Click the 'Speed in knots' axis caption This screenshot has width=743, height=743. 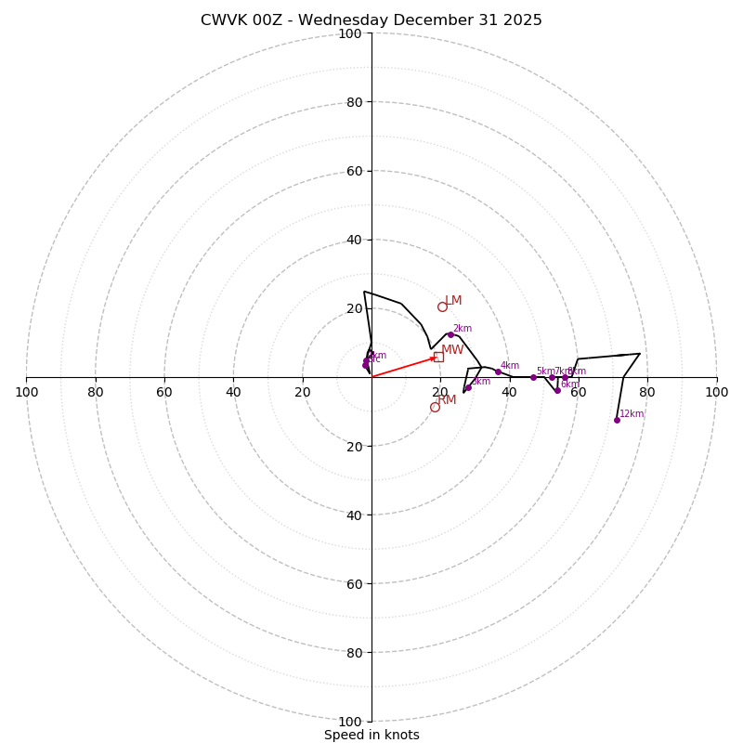click(x=371, y=735)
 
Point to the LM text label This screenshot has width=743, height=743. click(x=453, y=301)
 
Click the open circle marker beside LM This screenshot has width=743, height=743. click(x=442, y=306)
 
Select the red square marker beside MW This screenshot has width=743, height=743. click(x=438, y=357)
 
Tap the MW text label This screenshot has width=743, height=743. click(x=452, y=350)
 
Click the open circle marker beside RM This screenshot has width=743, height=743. click(x=435, y=407)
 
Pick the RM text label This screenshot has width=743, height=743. click(x=447, y=400)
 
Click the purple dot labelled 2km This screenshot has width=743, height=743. click(x=450, y=334)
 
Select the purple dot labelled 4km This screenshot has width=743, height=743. click(x=498, y=371)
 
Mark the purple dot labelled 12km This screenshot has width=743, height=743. click(x=617, y=420)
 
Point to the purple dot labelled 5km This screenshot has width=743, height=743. click(x=533, y=377)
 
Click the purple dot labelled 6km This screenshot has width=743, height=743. click(x=557, y=390)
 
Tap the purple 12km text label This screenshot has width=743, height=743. click(x=632, y=414)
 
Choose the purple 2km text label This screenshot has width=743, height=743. click(x=463, y=329)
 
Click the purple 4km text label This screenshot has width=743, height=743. click(x=510, y=366)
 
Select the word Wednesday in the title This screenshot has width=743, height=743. click(x=344, y=20)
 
